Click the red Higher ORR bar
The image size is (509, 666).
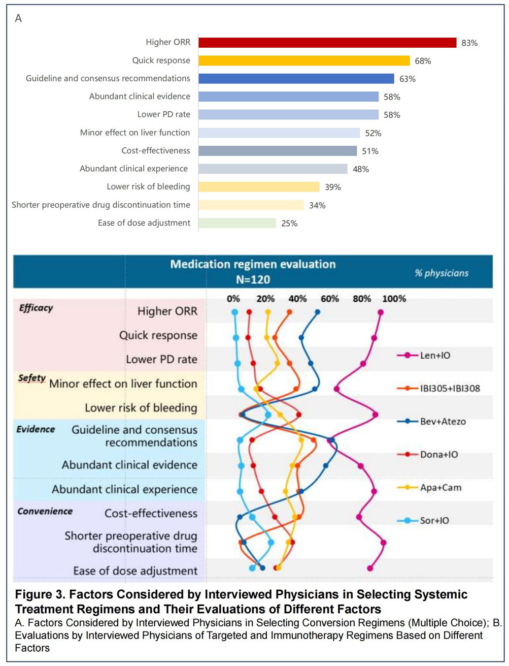(x=327, y=43)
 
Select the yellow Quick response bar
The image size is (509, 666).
(x=304, y=60)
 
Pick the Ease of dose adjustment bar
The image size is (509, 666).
(x=237, y=223)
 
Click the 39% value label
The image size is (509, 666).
(x=333, y=187)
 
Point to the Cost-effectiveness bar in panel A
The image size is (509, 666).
(x=278, y=151)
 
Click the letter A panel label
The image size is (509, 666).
(x=18, y=18)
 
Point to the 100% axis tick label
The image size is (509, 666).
(x=394, y=299)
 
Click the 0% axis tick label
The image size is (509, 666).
(x=233, y=299)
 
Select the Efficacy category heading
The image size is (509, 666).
(x=36, y=308)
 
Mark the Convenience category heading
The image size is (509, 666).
(x=45, y=511)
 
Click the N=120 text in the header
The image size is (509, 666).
(x=253, y=279)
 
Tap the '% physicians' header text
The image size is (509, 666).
(x=442, y=273)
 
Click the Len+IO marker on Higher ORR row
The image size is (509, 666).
(x=381, y=313)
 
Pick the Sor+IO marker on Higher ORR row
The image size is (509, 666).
(x=234, y=313)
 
